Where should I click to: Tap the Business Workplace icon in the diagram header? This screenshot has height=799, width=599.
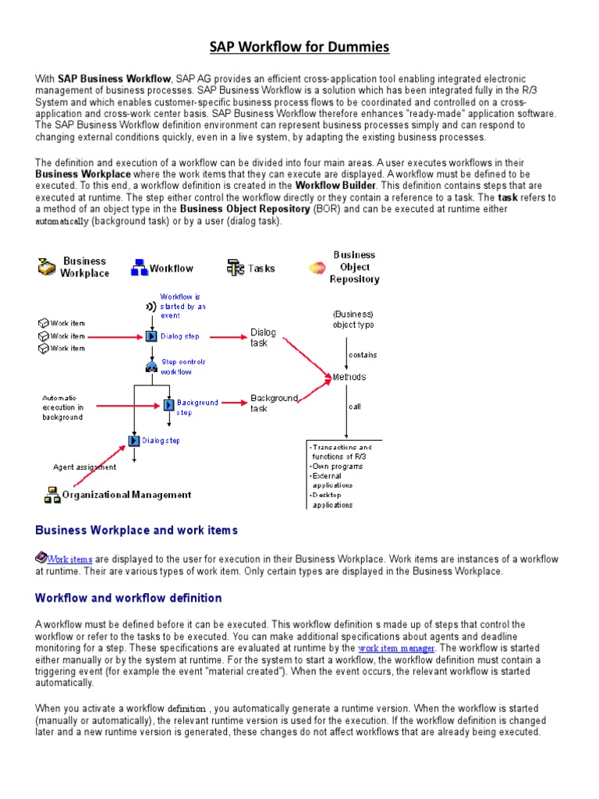(47, 268)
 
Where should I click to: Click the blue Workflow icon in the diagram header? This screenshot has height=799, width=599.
(140, 268)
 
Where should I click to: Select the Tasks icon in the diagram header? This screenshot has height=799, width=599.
(236, 268)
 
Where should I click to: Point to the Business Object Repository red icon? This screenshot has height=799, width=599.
(317, 268)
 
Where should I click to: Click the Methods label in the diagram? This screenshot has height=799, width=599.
(349, 377)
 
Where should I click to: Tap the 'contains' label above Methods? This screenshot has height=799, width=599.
(363, 355)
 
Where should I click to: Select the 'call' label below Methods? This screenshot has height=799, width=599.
(355, 407)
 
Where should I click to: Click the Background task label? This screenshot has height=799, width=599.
(274, 403)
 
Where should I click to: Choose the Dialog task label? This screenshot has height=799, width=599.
(263, 337)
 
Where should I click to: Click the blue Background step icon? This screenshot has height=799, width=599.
(168, 405)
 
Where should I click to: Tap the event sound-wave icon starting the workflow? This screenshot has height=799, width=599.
(151, 307)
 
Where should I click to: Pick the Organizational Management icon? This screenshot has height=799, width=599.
(52, 494)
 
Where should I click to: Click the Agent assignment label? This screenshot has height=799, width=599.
(84, 467)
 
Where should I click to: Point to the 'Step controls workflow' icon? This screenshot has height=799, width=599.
(151, 367)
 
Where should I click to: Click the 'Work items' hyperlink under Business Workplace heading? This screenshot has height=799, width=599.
(69, 559)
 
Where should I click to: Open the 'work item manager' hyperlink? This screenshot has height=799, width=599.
(395, 648)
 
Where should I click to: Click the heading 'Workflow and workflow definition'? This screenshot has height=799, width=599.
(129, 598)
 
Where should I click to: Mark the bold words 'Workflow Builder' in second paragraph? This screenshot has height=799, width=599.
(335, 186)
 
